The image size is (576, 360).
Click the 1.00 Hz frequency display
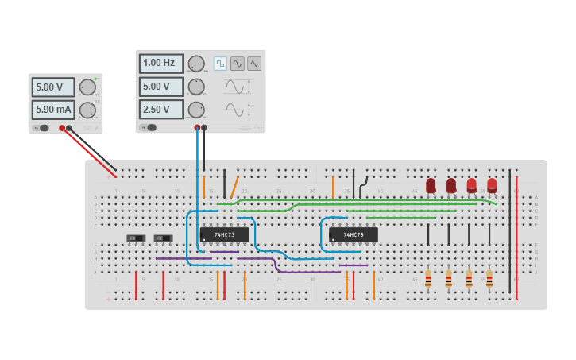pyautogui.click(x=160, y=64)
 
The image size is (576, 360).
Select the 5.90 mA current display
pyautogui.click(x=53, y=110)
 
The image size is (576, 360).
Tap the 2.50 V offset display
pyautogui.click(x=160, y=110)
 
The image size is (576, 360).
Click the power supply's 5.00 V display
pyautogui.click(x=53, y=87)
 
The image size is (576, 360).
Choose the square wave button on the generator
pyautogui.click(x=220, y=64)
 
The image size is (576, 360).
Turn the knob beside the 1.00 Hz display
pyautogui.click(x=196, y=64)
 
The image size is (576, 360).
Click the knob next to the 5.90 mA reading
pyautogui.click(x=88, y=110)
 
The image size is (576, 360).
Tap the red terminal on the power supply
pyautogui.click(x=62, y=128)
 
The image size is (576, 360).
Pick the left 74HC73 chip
pyautogui.click(x=225, y=235)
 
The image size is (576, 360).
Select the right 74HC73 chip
pyautogui.click(x=354, y=235)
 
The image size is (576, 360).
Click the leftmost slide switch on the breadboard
pyautogui.click(x=137, y=238)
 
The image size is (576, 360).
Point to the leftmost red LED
pyautogui.click(x=431, y=185)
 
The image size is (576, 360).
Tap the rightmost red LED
pyautogui.click(x=492, y=185)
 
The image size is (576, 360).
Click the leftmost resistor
pyautogui.click(x=428, y=280)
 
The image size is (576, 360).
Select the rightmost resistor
pyautogui.click(x=489, y=280)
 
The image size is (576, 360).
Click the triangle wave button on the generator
pyautogui.click(x=254, y=64)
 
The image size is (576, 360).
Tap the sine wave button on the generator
pyautogui.click(x=238, y=64)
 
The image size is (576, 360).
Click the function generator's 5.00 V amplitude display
pyautogui.click(x=160, y=87)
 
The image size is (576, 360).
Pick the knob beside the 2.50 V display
pyautogui.click(x=196, y=110)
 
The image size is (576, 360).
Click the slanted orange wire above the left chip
pyautogui.click(x=234, y=188)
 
